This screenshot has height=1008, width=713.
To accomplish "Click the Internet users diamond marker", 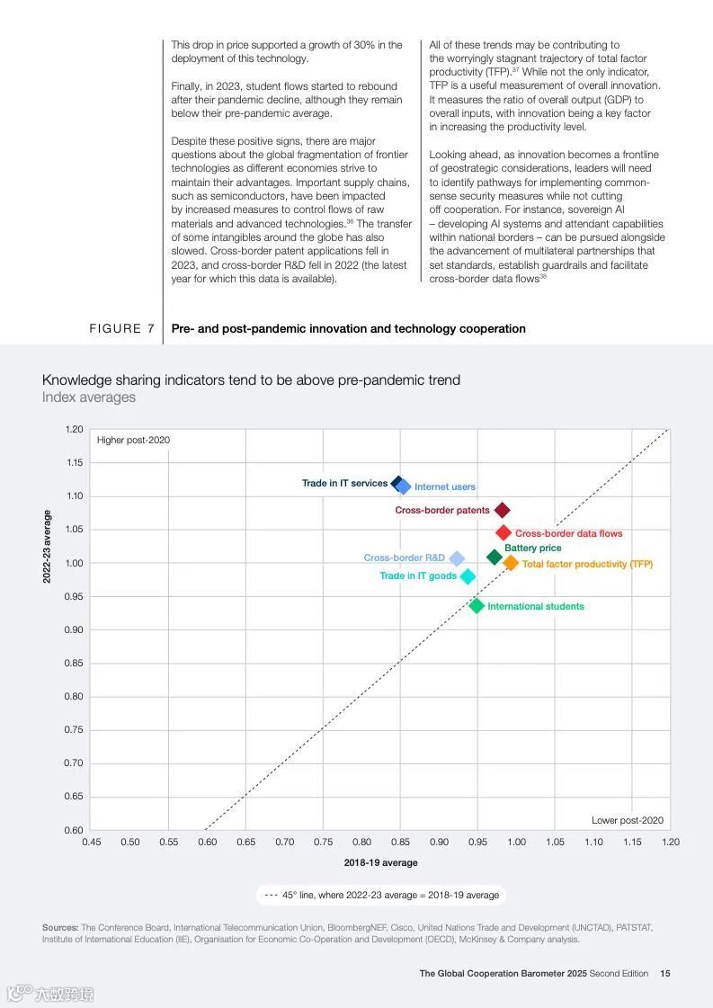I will click(404, 486).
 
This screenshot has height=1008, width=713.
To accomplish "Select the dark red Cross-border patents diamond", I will click(503, 511).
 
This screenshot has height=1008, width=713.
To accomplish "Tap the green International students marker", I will click(477, 606).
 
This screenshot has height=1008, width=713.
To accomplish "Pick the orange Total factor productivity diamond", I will click(511, 563).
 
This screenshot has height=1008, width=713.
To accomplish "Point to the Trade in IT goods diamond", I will click(468, 576).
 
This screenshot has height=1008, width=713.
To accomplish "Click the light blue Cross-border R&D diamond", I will click(457, 558).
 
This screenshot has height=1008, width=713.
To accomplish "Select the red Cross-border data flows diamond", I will click(504, 533).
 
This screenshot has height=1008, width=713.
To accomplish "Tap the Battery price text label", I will click(532, 548).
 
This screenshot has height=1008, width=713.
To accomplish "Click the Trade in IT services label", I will click(344, 484).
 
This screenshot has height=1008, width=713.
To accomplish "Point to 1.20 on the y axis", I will click(75, 430).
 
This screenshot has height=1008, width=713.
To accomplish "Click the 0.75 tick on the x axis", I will click(323, 843).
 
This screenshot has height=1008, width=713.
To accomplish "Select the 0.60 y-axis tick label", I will click(75, 830).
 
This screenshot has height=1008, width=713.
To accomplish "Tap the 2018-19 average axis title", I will click(380, 863).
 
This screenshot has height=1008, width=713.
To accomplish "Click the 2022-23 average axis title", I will click(47, 547).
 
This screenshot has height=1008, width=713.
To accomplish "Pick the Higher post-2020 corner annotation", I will click(133, 441).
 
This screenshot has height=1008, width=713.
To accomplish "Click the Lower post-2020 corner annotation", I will click(627, 820).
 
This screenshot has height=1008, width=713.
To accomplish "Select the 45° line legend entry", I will click(381, 896).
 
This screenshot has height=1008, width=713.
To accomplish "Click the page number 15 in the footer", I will click(664, 973).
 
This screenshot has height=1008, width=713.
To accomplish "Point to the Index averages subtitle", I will click(89, 397).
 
